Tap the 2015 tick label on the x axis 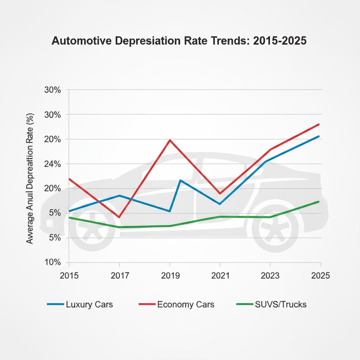[69, 276]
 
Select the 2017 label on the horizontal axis [120, 276]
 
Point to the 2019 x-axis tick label [170, 276]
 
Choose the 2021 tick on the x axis [220, 276]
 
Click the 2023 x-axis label [270, 276]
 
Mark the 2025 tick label [320, 276]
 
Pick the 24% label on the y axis [53, 164]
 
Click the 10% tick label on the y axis [53, 263]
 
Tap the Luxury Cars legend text [89, 304]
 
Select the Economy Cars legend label [186, 304]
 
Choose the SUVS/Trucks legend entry [281, 304]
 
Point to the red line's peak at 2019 [170, 140]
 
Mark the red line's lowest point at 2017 [120, 217]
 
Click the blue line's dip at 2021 [220, 204]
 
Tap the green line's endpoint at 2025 [319, 201]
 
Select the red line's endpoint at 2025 [319, 124]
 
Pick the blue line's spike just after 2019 [180, 180]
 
